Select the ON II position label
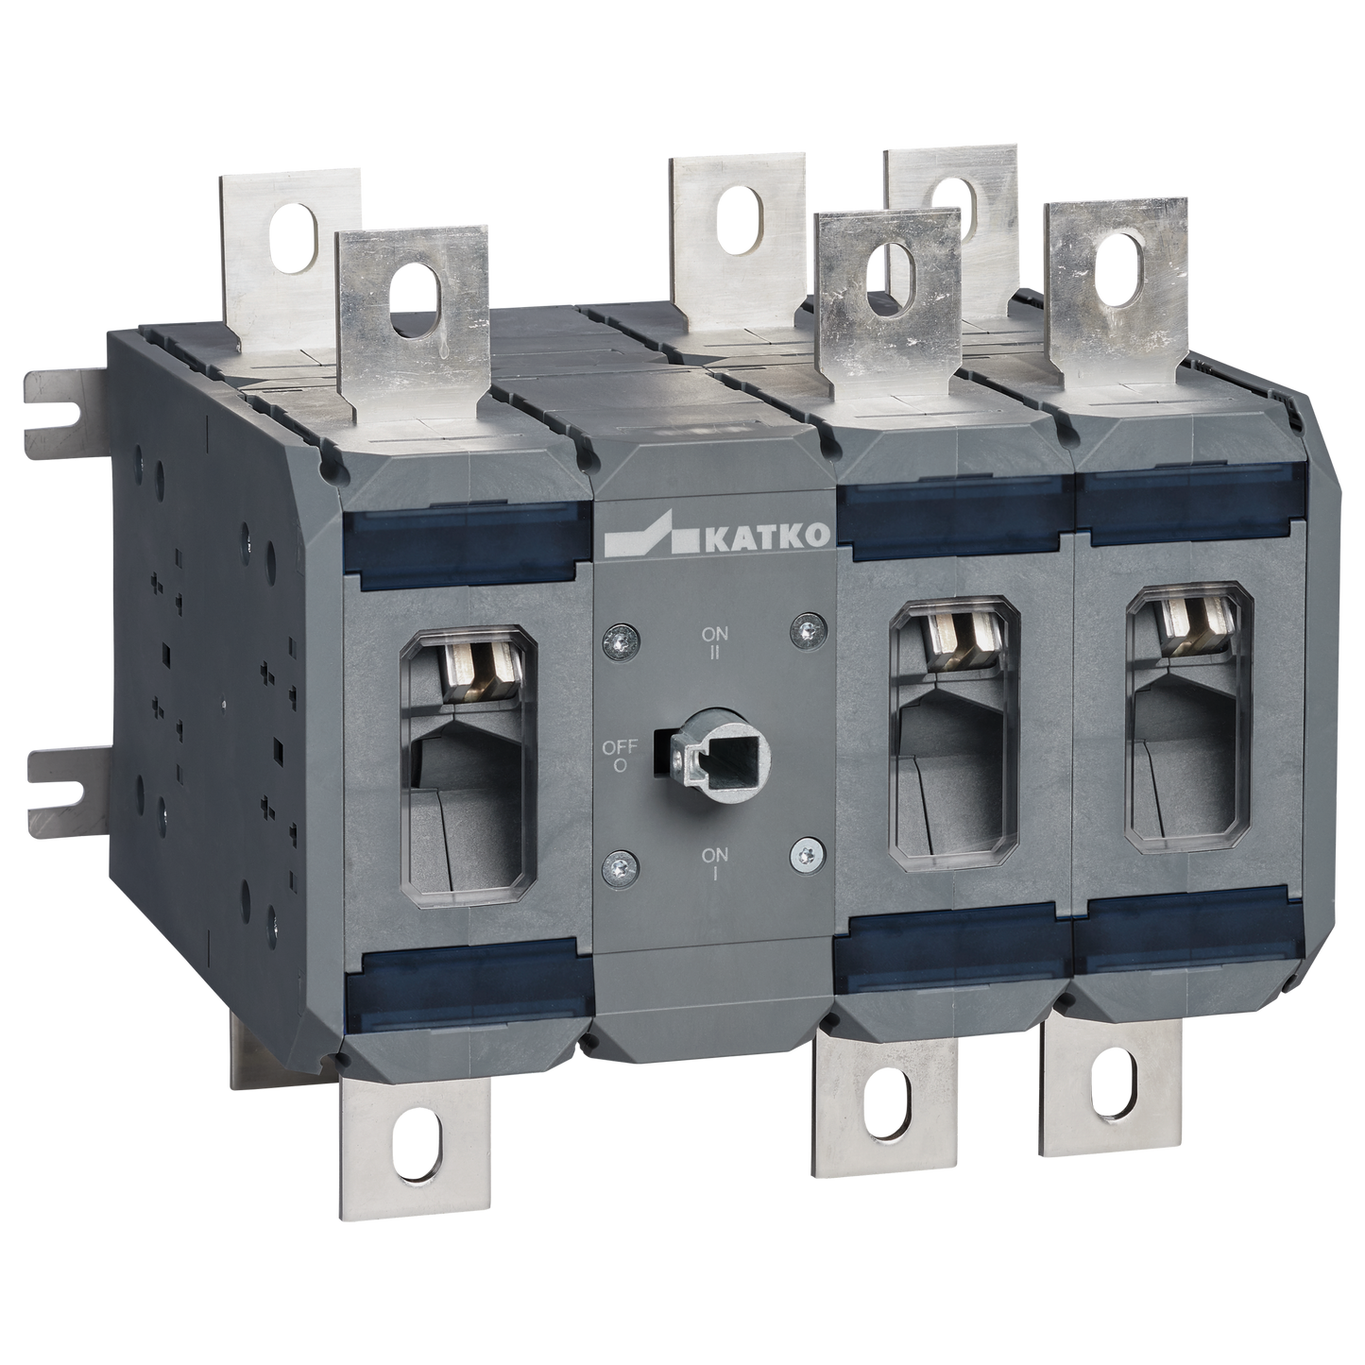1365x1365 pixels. pos(715,641)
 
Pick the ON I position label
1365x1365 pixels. pos(715,863)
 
